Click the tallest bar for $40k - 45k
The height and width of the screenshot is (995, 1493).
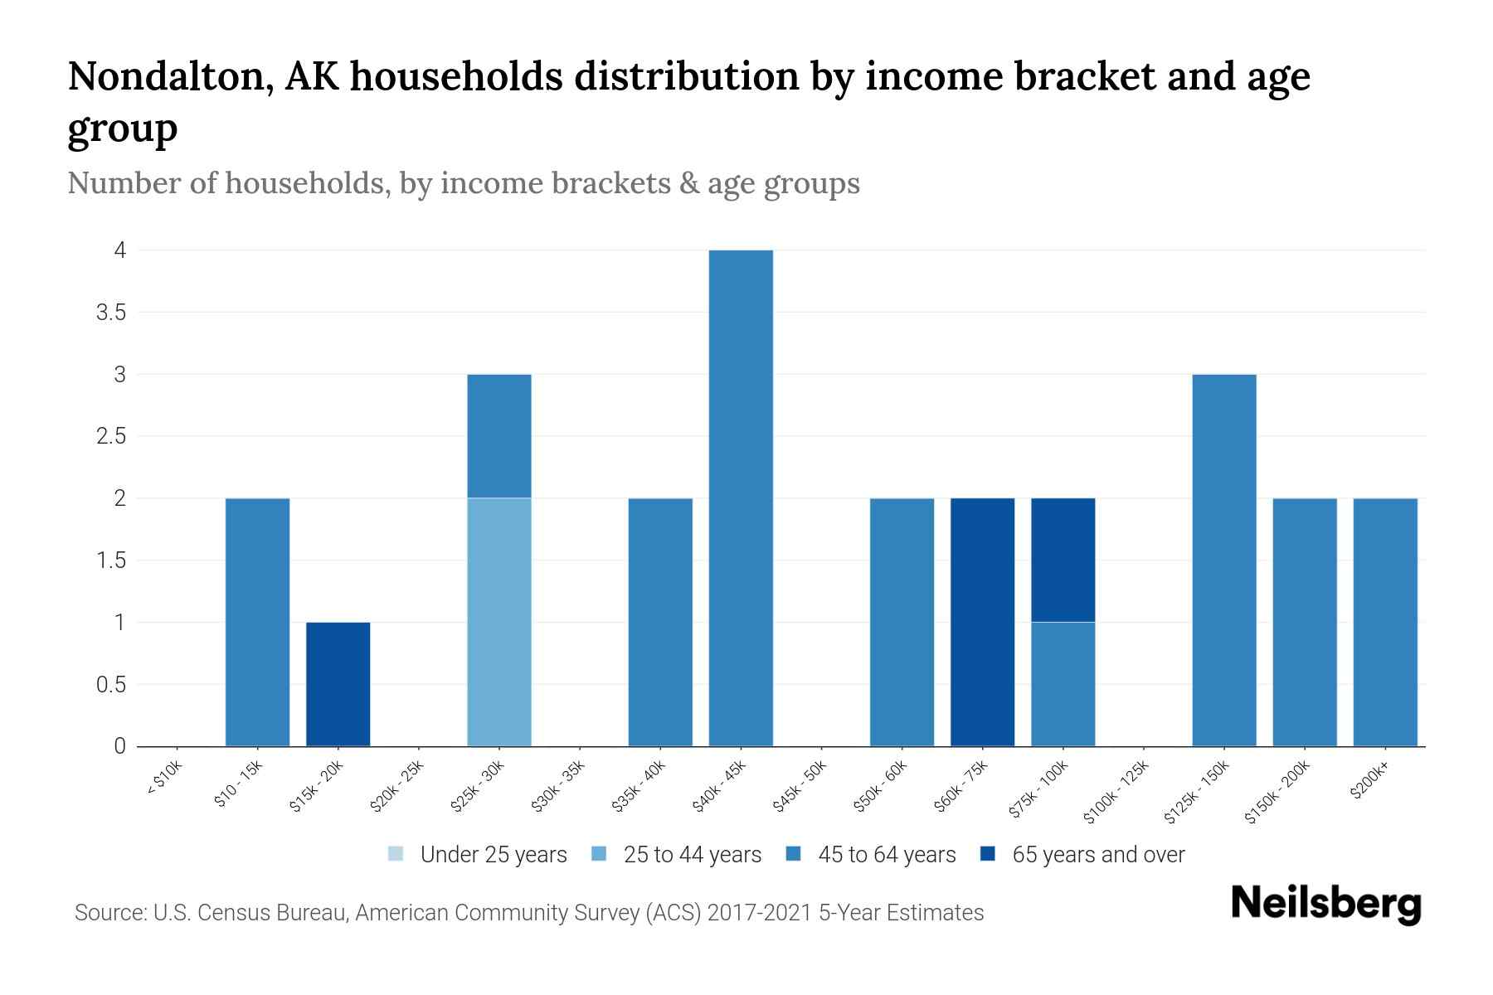coord(741,498)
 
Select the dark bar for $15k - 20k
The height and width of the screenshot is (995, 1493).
coord(338,684)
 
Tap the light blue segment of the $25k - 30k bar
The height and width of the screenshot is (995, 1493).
coord(498,622)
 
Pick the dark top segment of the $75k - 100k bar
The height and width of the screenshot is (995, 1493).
coord(1063,560)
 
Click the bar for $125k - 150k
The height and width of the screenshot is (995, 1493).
coord(1223,560)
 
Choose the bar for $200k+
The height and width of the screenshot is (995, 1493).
coord(1384,622)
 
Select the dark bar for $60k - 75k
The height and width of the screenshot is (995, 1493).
coord(982,622)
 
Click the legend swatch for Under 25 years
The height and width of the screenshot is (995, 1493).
coord(396,854)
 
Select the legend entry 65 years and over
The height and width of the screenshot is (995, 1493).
coord(1097,855)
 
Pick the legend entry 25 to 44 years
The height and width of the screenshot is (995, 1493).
coord(692,855)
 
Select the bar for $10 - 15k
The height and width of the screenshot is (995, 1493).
coord(257,622)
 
